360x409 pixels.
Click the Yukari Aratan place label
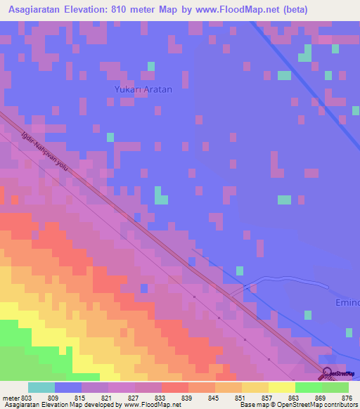pyautogui.click(x=143, y=90)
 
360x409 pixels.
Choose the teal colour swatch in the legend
pyautogui.click(x=41, y=387)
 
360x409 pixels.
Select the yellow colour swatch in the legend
pyautogui.click(x=281, y=387)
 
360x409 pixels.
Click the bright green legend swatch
pyautogui.click(x=308, y=387)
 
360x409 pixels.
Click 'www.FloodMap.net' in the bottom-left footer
pyautogui.click(x=147, y=405)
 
